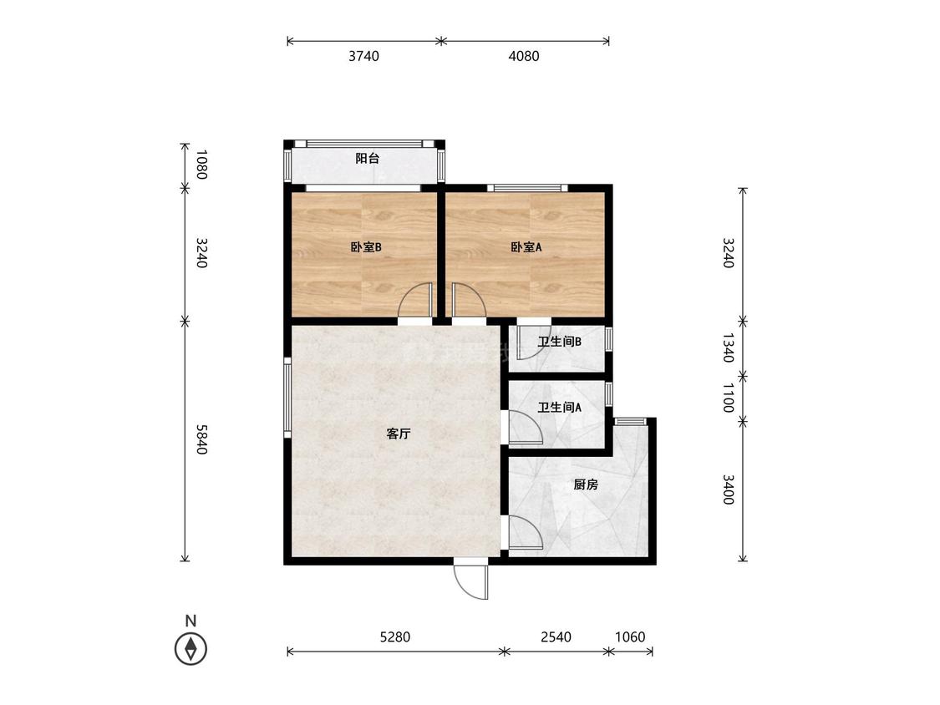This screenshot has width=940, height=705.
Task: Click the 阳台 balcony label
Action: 368,159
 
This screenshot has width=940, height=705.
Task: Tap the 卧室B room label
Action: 366,247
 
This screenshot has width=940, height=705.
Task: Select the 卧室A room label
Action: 526,247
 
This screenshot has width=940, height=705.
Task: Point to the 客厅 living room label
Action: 399,434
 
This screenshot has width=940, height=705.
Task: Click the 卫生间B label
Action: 559,342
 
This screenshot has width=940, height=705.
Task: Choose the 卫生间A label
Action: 559,408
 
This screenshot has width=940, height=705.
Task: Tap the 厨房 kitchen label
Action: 586,484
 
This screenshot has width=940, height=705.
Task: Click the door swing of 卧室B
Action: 414,300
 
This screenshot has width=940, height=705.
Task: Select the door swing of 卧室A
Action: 469,300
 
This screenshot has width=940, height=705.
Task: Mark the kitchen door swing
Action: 526,532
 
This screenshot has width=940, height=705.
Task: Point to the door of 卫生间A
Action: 526,428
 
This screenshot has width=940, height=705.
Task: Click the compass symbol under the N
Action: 191,649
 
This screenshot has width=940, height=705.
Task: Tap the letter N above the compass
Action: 191,621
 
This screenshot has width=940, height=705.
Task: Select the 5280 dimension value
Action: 395,637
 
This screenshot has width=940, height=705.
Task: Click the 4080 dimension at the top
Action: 524,56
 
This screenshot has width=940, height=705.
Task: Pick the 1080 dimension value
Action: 201,165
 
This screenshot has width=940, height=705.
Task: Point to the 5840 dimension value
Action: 201,439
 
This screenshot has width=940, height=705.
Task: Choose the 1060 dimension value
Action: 630,637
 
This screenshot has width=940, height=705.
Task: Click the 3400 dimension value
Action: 728,489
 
